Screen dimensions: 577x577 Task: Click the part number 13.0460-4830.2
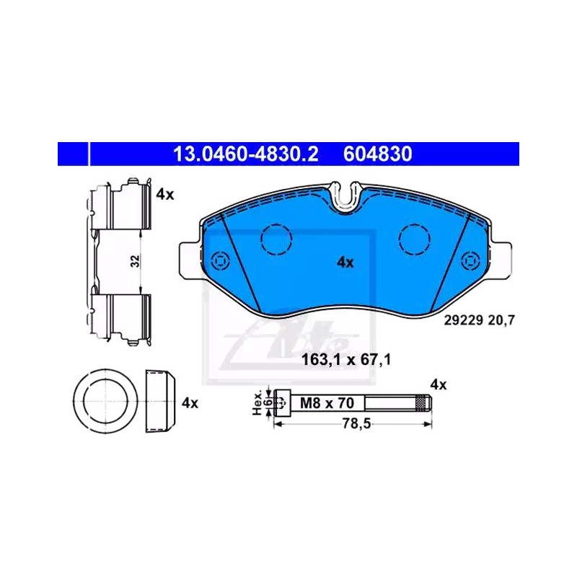245,154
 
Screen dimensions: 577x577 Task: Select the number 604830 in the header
377,154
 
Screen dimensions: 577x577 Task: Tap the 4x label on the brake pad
345,263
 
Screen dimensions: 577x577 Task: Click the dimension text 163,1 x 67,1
346,359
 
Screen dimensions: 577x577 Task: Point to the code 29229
463,320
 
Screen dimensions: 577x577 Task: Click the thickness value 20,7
501,320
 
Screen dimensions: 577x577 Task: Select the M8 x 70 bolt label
327,403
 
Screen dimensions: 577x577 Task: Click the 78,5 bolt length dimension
356,424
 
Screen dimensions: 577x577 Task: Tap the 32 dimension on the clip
136,261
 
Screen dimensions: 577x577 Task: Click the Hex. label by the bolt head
257,403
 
